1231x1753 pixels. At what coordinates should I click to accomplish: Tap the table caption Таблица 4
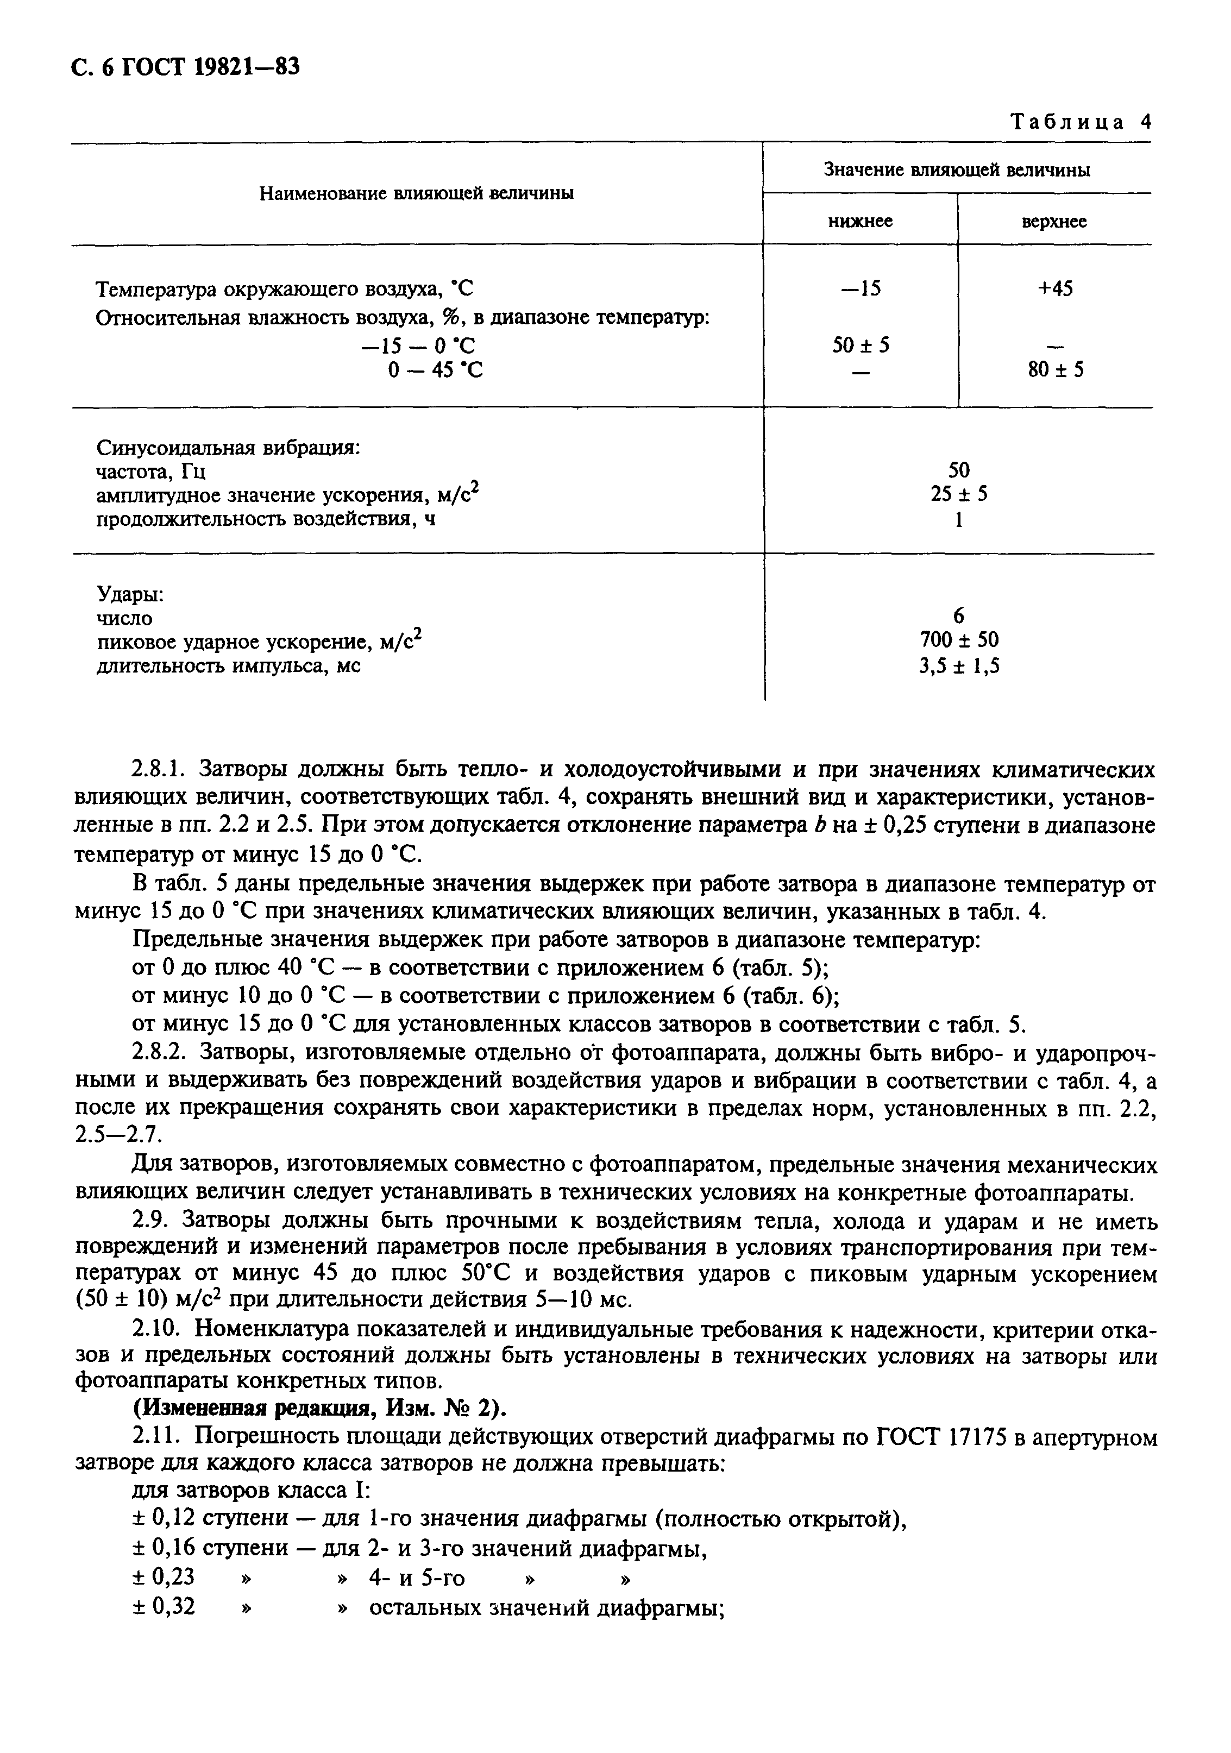(1080, 122)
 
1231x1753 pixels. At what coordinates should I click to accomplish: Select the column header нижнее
(861, 222)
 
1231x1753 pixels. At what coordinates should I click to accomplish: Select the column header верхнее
(1054, 222)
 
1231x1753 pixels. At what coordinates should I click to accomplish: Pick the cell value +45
(1054, 288)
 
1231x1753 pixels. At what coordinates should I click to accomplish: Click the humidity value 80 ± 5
(1056, 370)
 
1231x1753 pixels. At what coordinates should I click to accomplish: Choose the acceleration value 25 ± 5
(958, 494)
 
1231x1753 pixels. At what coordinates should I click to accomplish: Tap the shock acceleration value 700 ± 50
(958, 639)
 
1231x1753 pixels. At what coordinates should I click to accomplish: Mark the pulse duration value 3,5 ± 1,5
(958, 666)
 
